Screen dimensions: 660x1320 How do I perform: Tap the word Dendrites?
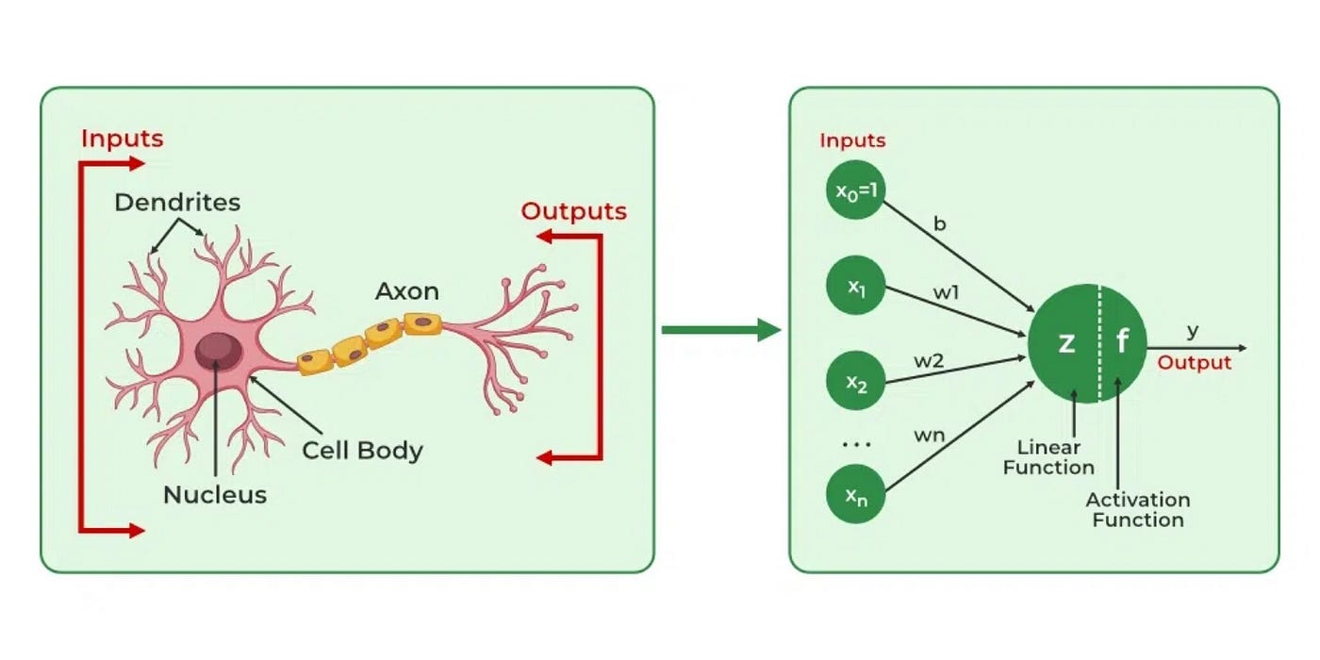(177, 202)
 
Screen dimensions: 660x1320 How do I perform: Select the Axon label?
(407, 291)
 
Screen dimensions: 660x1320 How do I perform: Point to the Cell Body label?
(362, 451)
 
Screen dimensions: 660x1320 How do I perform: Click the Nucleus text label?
(215, 494)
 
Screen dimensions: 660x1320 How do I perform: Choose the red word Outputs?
(573, 211)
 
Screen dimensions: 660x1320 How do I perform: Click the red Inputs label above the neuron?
(122, 139)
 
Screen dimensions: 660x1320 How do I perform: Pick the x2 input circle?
(856, 383)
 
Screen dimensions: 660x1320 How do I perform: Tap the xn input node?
(856, 496)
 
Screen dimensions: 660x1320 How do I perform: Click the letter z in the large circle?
(1066, 342)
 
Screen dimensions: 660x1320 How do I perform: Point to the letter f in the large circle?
(1122, 341)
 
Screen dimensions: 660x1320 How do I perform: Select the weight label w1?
(947, 293)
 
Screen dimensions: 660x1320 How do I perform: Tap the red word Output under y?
(1195, 363)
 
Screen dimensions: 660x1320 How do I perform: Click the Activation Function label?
(1137, 509)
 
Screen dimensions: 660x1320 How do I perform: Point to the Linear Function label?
(1048, 456)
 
